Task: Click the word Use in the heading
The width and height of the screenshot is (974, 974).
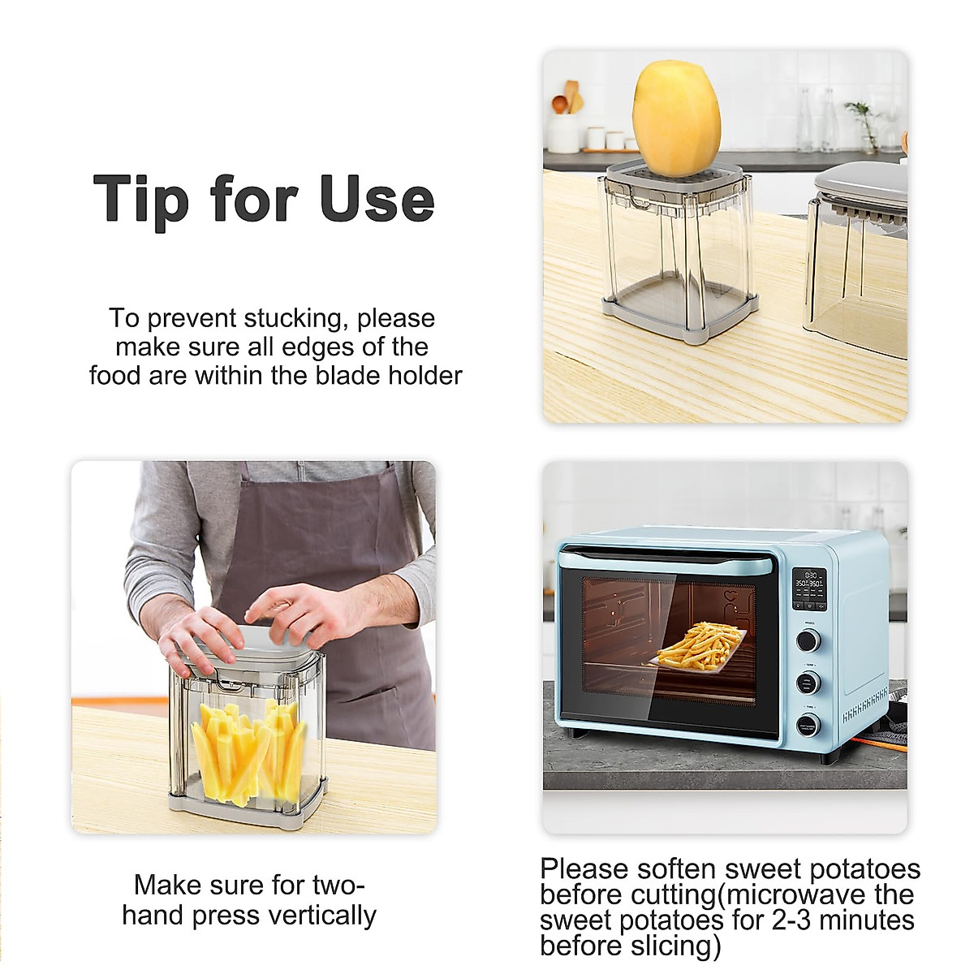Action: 377,199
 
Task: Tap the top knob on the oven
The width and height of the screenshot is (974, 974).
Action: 808,640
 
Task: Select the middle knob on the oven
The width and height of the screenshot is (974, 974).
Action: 808,683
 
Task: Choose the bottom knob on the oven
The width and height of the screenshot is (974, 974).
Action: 808,725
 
